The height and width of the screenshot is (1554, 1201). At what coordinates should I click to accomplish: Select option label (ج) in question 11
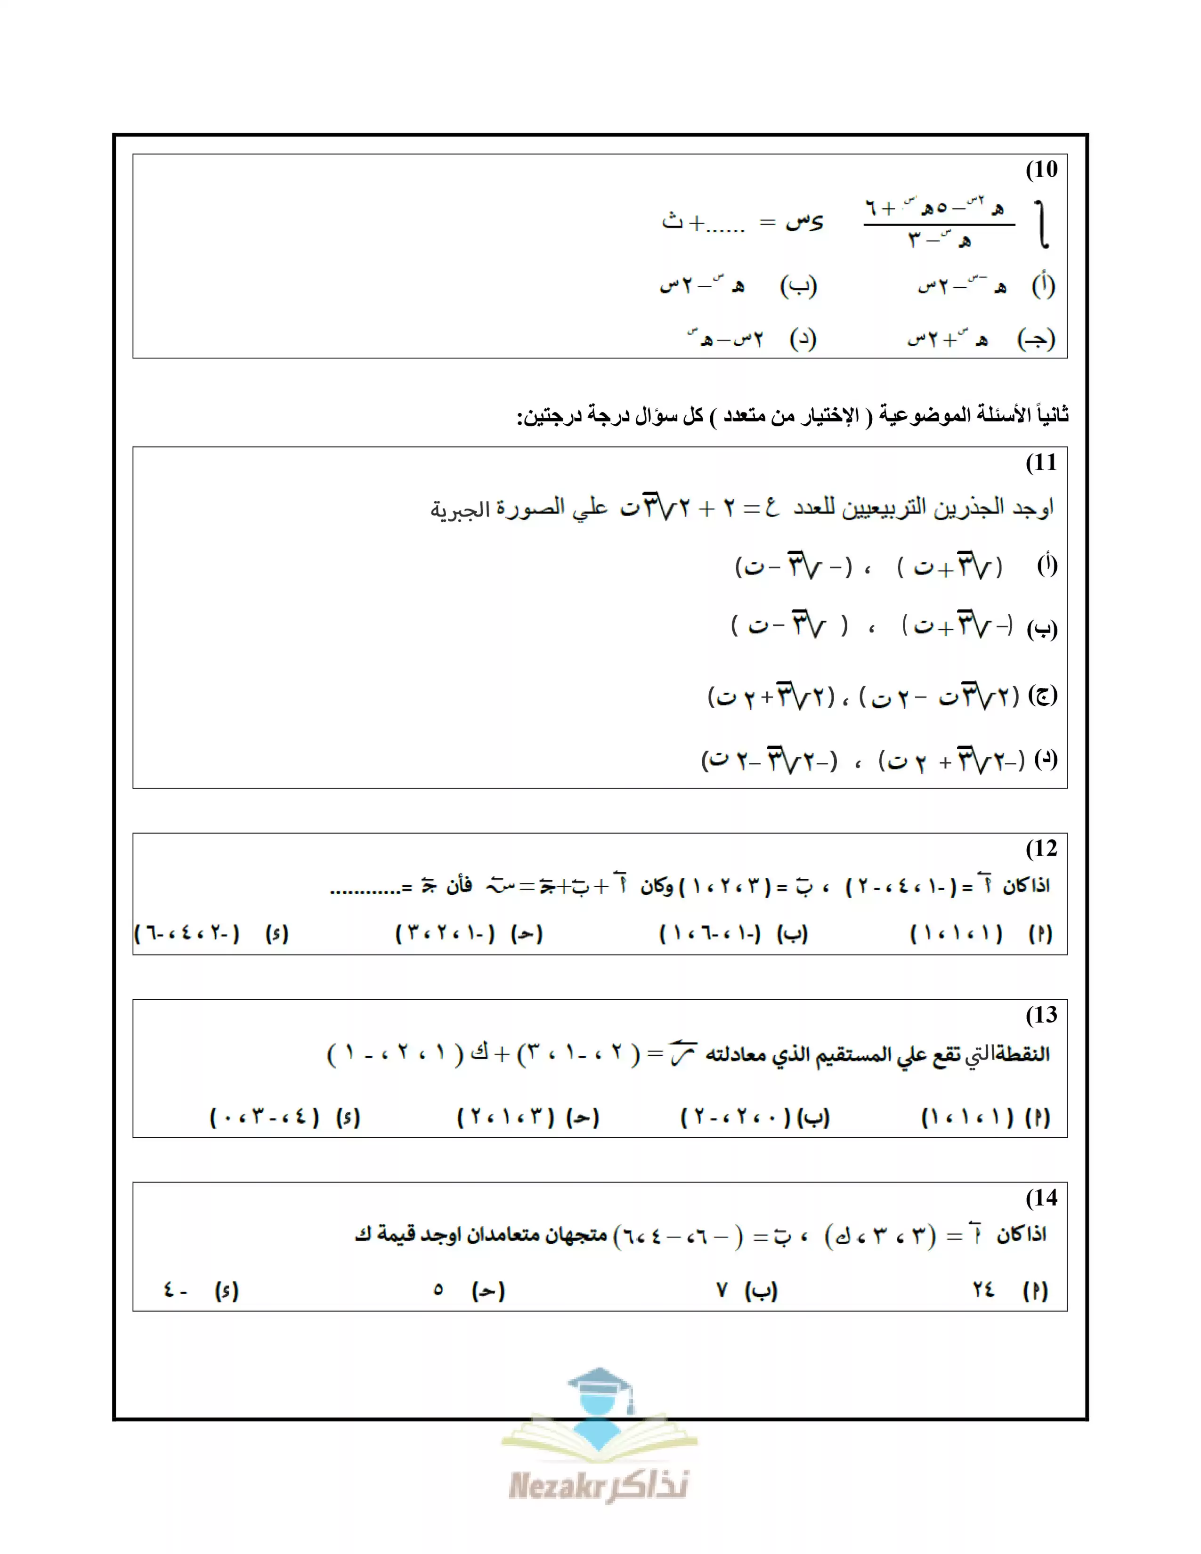(x=1043, y=695)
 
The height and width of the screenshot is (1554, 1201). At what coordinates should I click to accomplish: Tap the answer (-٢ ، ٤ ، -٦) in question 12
(x=187, y=933)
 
